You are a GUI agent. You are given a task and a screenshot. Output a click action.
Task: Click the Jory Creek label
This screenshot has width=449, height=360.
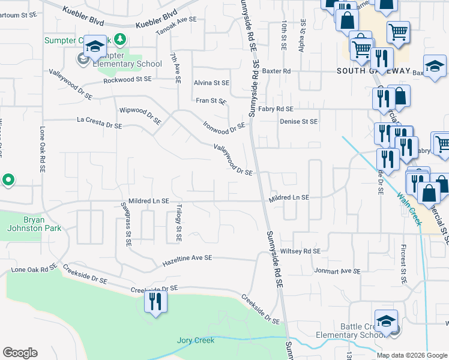[196, 340]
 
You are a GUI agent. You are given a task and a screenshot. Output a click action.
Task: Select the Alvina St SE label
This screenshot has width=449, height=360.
[211, 83]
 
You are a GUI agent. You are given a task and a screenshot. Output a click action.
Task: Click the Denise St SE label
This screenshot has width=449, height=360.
[298, 121]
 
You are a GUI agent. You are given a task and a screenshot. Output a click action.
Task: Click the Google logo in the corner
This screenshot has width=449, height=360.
[20, 353]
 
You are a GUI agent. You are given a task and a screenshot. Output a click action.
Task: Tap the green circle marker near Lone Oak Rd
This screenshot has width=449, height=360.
[8, 179]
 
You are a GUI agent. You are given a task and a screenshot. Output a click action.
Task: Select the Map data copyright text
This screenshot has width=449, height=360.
[412, 355]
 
